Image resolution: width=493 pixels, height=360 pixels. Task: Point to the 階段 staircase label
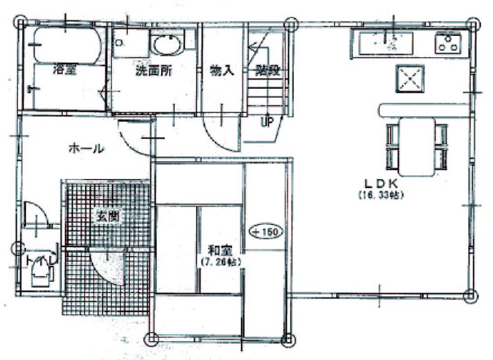pos(267,71)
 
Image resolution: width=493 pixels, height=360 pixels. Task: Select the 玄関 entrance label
pos(106,216)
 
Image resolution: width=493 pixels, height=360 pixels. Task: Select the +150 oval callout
pos(265,231)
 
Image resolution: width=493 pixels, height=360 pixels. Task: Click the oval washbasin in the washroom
pos(167,45)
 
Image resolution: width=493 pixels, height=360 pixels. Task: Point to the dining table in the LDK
pos(417,146)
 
